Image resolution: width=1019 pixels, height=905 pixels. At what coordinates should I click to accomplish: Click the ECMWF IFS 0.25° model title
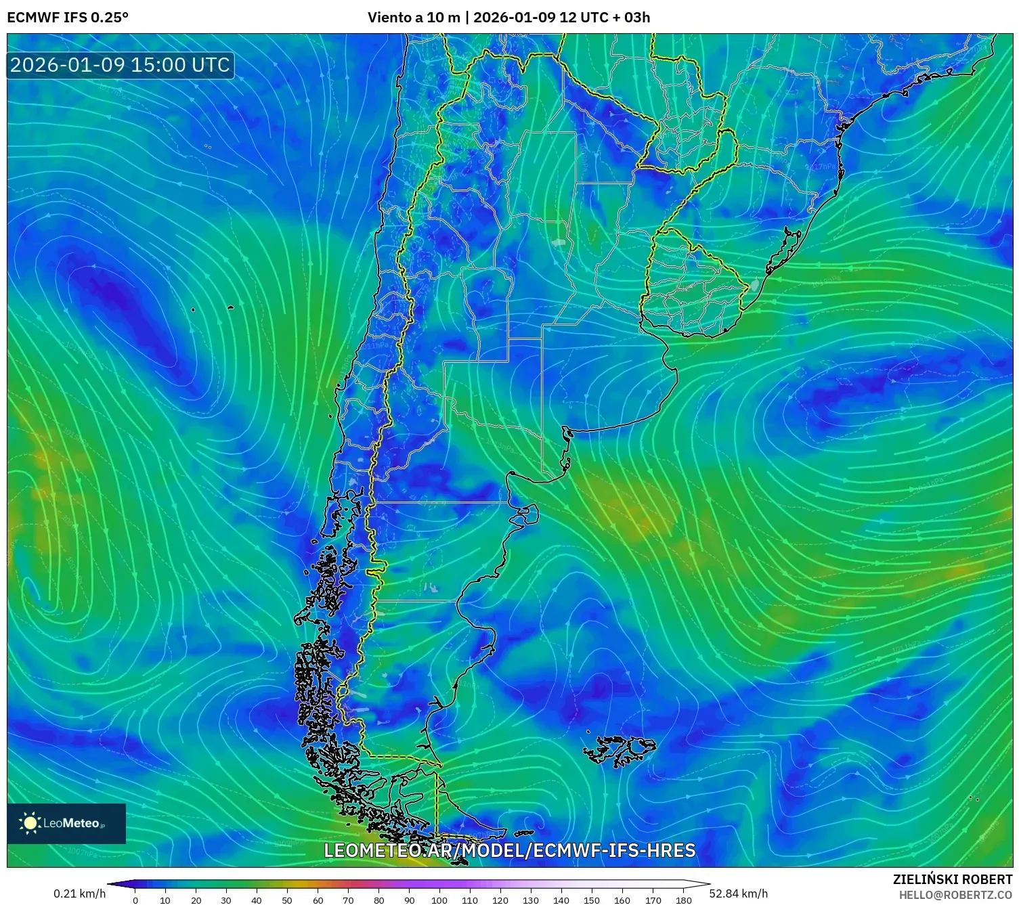[68, 18]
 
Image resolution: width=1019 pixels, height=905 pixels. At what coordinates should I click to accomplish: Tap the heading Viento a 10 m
[413, 18]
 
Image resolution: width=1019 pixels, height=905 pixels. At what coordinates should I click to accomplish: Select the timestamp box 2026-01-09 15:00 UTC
[120, 65]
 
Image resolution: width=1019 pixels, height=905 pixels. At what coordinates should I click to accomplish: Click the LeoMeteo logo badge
[66, 823]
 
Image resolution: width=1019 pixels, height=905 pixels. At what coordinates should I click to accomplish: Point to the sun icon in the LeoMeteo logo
[30, 823]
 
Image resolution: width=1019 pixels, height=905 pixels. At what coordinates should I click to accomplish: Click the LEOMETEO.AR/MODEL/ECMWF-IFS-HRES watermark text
[509, 850]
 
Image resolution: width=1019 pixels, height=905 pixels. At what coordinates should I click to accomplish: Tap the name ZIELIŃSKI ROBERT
[952, 879]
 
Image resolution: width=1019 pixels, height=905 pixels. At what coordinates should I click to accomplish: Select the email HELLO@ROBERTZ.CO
[955, 895]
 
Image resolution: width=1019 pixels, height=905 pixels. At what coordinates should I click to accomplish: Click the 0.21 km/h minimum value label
[80, 893]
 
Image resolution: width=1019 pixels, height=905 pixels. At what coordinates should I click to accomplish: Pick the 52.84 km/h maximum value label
[738, 893]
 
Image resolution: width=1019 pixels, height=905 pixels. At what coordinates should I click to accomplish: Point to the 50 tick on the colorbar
[287, 900]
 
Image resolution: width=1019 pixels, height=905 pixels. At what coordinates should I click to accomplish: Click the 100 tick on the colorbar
[439, 900]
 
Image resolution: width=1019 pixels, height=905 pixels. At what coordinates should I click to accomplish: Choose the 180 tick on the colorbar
[683, 900]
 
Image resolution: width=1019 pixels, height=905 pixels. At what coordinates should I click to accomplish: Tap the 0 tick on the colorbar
[135, 900]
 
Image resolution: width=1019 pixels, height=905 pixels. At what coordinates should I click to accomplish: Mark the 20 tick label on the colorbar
[196, 900]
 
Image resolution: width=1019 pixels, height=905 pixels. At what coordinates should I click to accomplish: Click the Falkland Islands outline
[619, 750]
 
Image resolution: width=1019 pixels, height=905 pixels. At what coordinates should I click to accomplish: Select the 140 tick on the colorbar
[561, 900]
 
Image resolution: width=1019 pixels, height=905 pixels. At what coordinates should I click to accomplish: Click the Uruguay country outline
[694, 284]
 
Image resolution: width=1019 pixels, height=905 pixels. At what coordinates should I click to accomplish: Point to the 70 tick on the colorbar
[348, 900]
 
